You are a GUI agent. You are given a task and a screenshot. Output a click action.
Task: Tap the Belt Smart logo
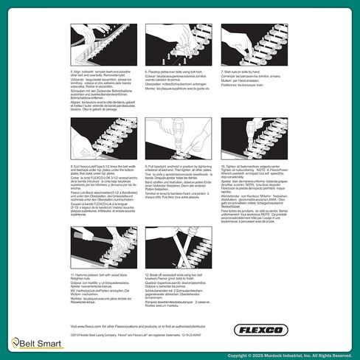point(29,341)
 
